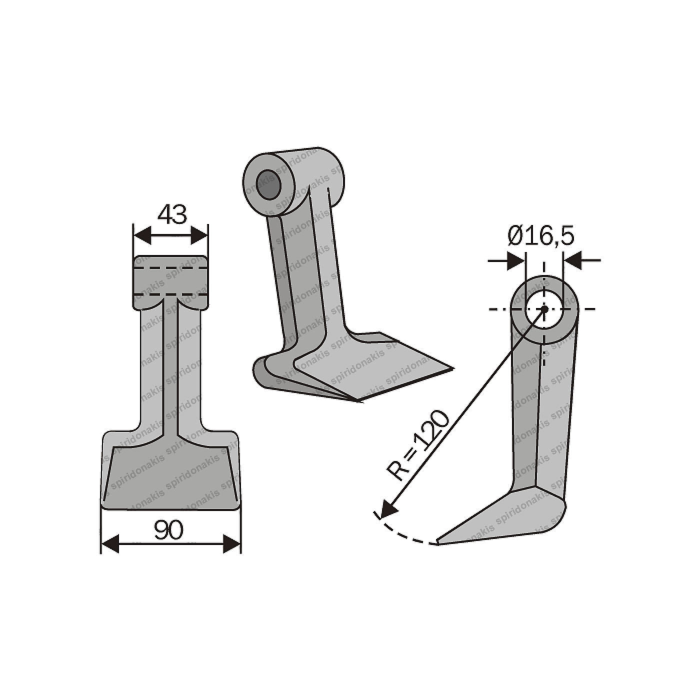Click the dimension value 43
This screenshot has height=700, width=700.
[x=171, y=215]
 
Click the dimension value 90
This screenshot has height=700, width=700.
[x=168, y=530]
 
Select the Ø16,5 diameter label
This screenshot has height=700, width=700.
[x=540, y=236]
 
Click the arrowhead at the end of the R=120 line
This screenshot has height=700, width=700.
[x=387, y=510]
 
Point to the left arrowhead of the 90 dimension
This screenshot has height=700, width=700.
[x=110, y=543]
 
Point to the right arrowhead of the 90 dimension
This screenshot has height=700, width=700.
[x=231, y=543]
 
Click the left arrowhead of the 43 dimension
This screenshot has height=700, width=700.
[x=142, y=234]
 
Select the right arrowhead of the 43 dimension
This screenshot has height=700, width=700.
[x=198, y=234]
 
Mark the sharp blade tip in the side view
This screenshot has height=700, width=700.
[x=438, y=542]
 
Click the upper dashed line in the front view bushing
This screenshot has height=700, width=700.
[x=170, y=268]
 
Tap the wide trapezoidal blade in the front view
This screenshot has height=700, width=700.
[x=170, y=475]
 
